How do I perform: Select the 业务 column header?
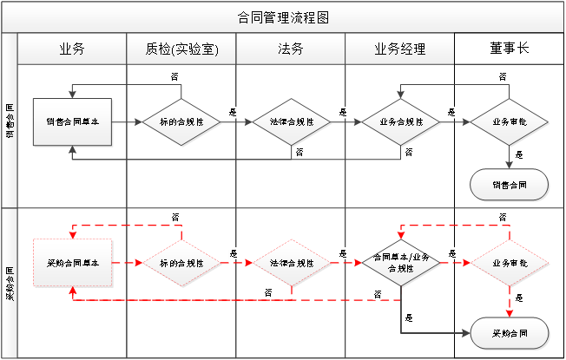pos(72,49)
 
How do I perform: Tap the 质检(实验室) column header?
pos(181,49)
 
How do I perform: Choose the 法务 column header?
pos(291,49)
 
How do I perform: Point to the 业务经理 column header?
pos(400,49)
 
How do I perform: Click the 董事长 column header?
pos(509,49)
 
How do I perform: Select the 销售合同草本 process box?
pos(73,122)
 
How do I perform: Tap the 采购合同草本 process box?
pos(73,262)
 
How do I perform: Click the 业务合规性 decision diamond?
pos(401,122)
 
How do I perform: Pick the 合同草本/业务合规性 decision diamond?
pos(401,262)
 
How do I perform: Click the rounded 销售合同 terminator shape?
pos(510,184)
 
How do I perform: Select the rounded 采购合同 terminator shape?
pos(510,333)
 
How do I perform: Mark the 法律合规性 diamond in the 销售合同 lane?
pos(292,122)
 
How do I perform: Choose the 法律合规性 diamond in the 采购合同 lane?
pos(292,262)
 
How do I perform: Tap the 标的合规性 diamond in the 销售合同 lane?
pos(182,122)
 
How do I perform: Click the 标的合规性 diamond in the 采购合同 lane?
pos(182,262)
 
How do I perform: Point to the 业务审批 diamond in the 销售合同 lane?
pos(510,122)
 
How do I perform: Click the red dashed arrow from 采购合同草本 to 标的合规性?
pos(128,262)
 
